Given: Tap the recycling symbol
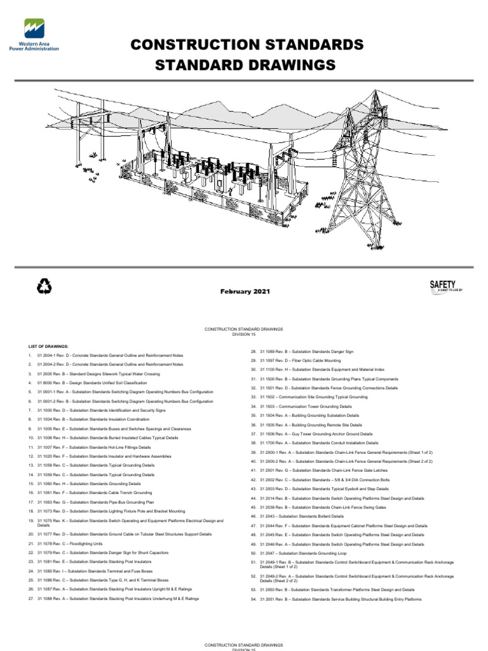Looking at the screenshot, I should pyautogui.click(x=44, y=288).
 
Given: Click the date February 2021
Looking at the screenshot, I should pyautogui.click(x=245, y=291).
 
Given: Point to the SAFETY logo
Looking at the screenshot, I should pyautogui.click(x=445, y=287).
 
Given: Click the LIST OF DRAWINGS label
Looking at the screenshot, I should pyautogui.click(x=48, y=345).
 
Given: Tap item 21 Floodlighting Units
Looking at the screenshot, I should pyautogui.click(x=70, y=544).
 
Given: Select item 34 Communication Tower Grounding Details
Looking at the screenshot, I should pyautogui.click(x=305, y=406).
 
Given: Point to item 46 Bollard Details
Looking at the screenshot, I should pyautogui.click(x=301, y=516).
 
